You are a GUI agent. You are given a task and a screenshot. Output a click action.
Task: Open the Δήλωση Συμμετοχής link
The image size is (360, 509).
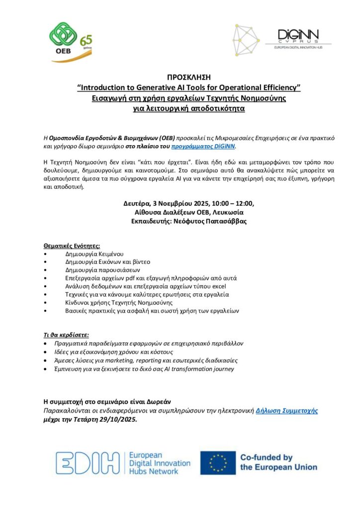click(287, 411)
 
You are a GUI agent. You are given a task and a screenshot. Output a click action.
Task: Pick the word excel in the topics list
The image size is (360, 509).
click(218, 286)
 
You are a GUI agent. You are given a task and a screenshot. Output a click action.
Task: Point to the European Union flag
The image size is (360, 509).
click(217, 462)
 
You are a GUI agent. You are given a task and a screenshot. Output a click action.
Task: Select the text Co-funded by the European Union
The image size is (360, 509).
click(278, 462)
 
